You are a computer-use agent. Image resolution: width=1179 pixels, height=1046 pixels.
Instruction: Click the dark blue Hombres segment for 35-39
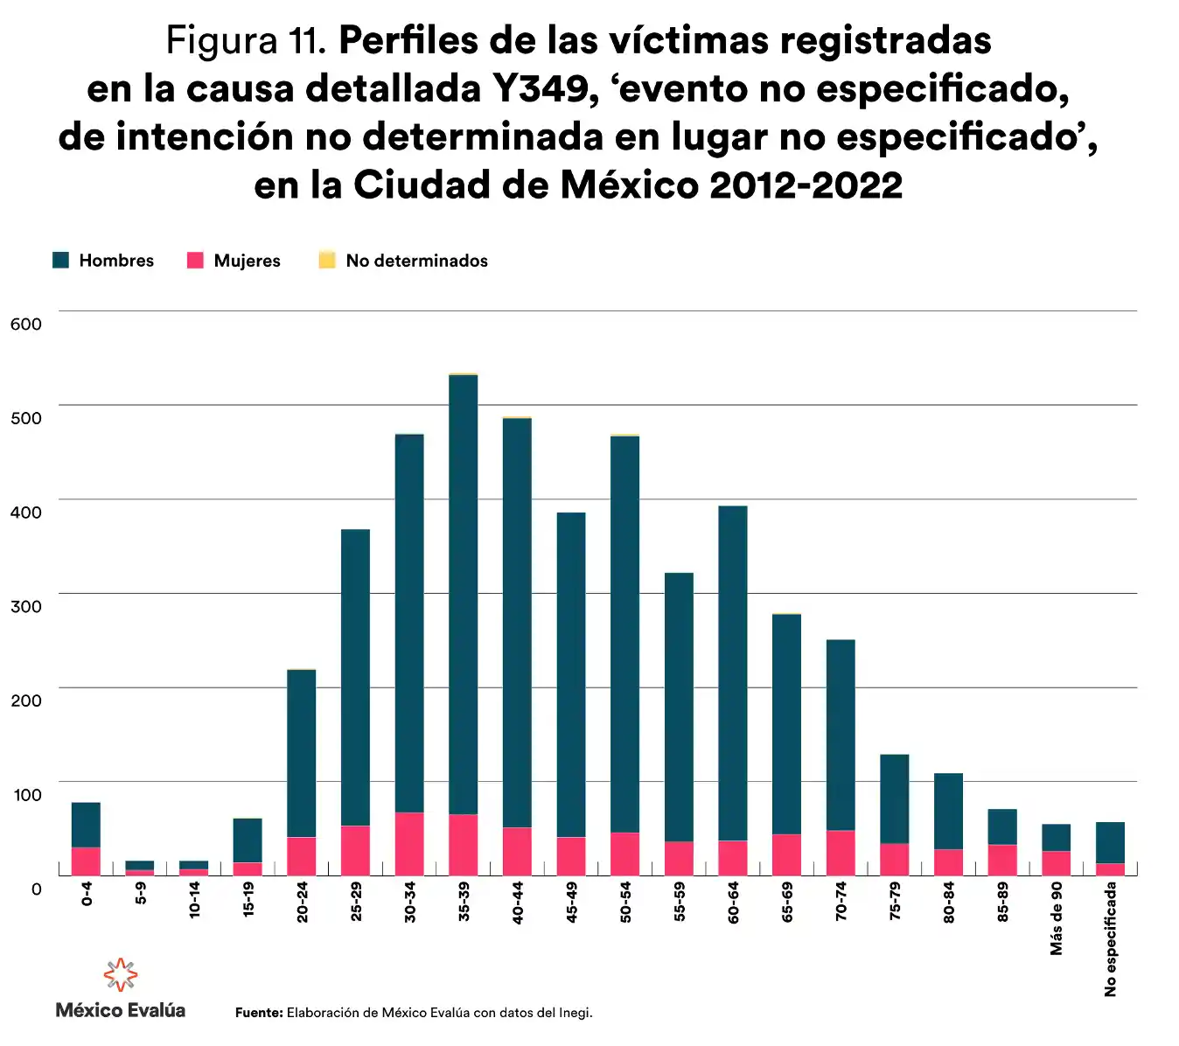(464, 595)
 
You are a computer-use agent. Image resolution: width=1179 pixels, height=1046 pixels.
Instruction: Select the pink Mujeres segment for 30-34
(409, 844)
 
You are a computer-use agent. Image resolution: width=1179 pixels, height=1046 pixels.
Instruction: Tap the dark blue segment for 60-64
(733, 673)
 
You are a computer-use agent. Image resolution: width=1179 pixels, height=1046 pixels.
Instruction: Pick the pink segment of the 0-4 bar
(86, 861)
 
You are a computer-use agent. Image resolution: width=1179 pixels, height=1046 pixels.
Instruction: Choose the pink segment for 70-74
(841, 853)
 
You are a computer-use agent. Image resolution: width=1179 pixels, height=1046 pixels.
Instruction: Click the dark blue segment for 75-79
(895, 798)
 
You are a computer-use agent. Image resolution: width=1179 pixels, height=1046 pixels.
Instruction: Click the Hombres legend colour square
(60, 260)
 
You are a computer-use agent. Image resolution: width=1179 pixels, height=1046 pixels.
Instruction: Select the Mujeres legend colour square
(195, 260)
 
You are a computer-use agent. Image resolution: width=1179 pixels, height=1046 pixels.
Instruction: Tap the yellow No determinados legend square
(327, 260)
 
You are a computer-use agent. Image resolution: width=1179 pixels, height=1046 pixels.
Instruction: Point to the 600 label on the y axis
(26, 324)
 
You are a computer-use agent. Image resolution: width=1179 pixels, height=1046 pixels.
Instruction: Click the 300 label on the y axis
(26, 606)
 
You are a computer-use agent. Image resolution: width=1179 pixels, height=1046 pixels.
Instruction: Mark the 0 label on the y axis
(36, 889)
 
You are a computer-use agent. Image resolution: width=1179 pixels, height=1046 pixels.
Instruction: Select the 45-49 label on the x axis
(572, 902)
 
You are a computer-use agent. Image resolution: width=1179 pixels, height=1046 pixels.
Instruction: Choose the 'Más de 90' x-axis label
(1057, 917)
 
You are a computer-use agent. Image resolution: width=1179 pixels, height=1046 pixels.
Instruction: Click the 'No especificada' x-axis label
(1111, 938)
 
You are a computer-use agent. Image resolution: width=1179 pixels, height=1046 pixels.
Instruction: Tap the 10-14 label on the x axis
(194, 898)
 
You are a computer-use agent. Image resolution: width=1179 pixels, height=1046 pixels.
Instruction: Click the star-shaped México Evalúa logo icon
(121, 974)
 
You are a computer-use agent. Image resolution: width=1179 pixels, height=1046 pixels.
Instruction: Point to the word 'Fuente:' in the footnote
(259, 1013)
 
